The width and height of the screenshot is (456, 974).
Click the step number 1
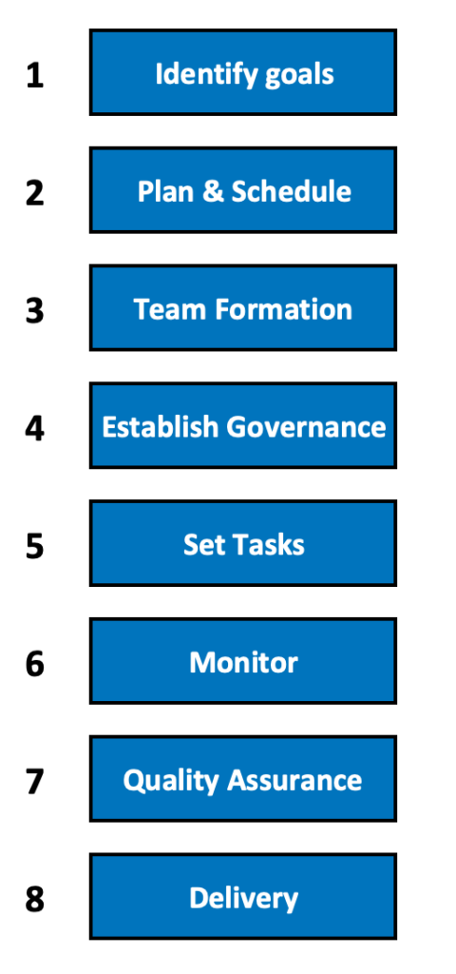(x=35, y=76)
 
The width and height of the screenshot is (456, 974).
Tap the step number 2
(x=35, y=193)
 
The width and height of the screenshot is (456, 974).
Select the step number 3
(x=35, y=311)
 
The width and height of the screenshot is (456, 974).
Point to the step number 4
(x=35, y=429)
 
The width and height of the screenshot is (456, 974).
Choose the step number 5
(x=35, y=546)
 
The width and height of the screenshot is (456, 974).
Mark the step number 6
(x=35, y=664)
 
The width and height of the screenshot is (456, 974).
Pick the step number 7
(x=35, y=782)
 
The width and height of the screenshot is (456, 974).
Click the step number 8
(x=35, y=900)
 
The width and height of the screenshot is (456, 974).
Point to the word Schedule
(x=291, y=192)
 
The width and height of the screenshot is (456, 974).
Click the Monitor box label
(x=243, y=663)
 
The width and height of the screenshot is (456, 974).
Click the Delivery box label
(x=243, y=899)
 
